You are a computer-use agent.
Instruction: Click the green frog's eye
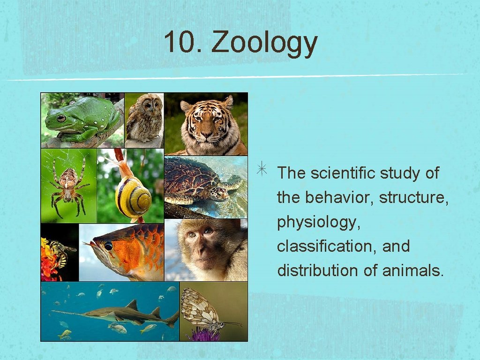pos(61,118)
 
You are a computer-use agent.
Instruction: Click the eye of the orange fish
pos(109,246)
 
